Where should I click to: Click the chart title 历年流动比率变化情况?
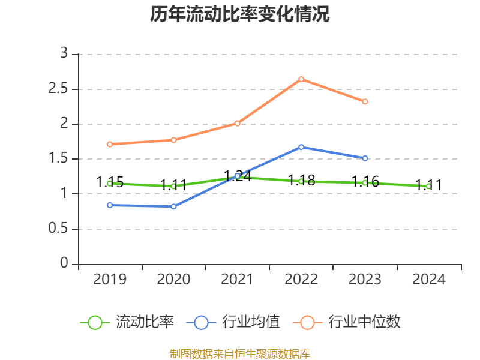[240, 14]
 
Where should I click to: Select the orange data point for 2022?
[301, 79]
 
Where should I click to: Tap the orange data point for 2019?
[110, 144]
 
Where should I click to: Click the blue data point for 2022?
[301, 147]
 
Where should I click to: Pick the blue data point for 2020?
[173, 206]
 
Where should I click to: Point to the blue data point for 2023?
[365, 158]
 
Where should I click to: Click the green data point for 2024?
[428, 187]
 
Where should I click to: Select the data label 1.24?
[238, 176]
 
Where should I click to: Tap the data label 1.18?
[301, 180]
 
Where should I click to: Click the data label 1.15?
[110, 182]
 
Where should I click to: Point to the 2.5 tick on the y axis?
[61, 89]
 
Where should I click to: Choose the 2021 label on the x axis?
[238, 280]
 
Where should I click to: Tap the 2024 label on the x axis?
[428, 280]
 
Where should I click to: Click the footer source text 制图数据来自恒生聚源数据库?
[240, 353]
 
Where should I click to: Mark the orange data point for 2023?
[365, 101]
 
